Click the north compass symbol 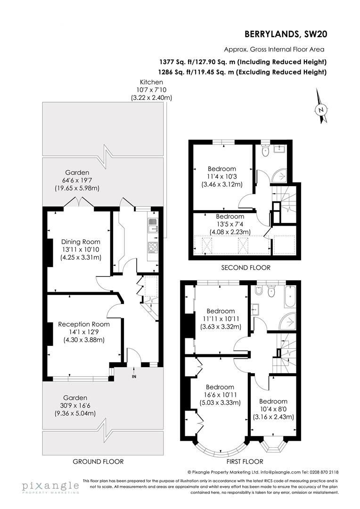321,109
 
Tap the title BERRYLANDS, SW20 286,34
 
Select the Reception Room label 84,324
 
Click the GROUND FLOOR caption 98,461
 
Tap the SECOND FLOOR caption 245,267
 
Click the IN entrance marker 134,376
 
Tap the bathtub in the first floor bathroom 290,296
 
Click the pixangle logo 50,486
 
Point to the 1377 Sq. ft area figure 179,62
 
